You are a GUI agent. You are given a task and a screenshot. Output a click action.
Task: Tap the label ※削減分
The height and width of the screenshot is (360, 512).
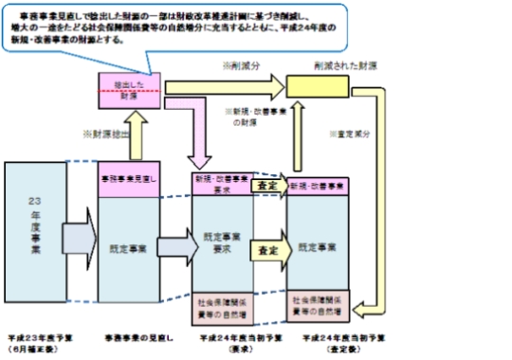pos(240,69)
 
